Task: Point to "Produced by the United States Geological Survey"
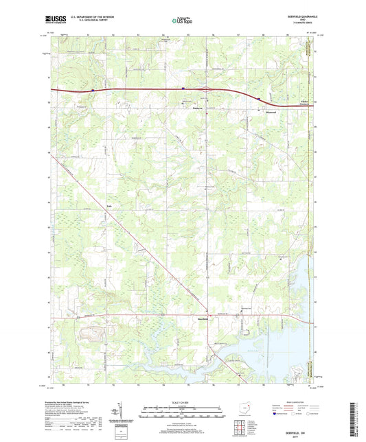tap(79, 402)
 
